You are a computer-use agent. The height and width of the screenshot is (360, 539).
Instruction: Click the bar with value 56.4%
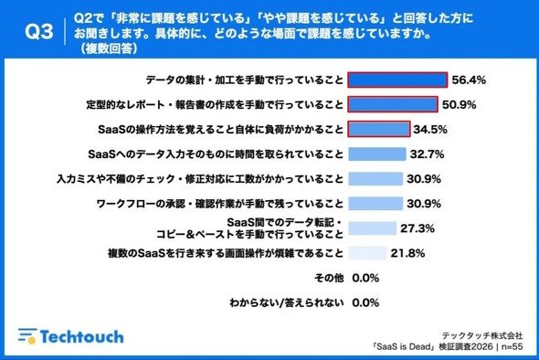(x=397, y=80)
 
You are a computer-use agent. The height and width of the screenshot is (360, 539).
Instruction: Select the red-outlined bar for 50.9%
(x=393, y=104)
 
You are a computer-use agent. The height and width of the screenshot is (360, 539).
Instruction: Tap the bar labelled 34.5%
(x=379, y=129)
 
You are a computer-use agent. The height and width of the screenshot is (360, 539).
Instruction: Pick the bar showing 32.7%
(x=377, y=154)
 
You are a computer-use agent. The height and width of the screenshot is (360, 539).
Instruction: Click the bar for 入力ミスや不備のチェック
(x=375, y=179)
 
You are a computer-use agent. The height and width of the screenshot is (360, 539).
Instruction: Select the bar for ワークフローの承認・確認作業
(x=375, y=204)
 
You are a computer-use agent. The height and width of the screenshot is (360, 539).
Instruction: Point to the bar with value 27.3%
(x=373, y=228)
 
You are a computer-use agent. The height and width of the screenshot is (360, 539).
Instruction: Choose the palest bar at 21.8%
(x=367, y=253)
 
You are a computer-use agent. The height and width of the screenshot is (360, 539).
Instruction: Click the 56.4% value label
(x=469, y=80)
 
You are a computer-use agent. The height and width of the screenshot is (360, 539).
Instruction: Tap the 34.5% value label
(x=430, y=130)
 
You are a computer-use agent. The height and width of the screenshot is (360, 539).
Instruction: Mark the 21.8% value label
(x=407, y=253)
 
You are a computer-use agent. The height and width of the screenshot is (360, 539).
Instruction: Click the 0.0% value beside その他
(x=365, y=278)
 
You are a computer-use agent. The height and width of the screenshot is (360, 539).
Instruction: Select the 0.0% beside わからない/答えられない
(x=365, y=303)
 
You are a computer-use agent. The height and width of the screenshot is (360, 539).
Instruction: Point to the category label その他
(x=329, y=278)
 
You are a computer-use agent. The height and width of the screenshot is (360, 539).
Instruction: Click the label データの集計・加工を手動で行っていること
(x=245, y=80)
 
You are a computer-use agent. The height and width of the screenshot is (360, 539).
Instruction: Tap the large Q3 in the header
(x=39, y=32)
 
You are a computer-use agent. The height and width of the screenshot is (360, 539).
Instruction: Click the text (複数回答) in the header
(x=110, y=48)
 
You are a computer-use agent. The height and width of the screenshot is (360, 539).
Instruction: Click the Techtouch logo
(x=71, y=336)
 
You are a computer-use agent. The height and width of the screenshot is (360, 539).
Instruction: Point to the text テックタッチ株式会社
(x=482, y=335)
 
